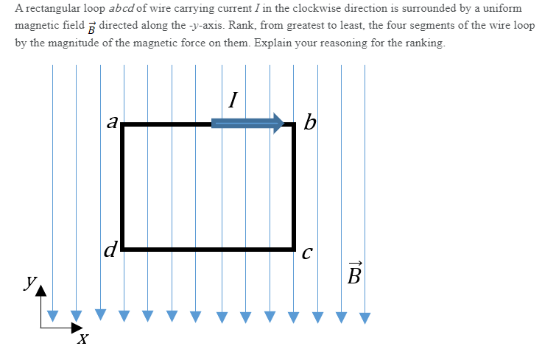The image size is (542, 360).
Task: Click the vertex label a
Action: (112, 121)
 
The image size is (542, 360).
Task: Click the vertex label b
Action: (310, 122)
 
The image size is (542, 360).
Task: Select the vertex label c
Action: (307, 254)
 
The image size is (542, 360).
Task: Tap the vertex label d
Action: (110, 251)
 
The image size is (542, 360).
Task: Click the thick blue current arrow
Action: (247, 123)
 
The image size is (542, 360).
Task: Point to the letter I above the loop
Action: (233, 99)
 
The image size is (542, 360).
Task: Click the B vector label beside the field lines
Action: (354, 274)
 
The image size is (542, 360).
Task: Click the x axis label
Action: (84, 339)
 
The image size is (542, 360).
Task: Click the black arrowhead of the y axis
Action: (41, 292)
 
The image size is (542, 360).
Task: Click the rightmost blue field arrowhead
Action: (365, 318)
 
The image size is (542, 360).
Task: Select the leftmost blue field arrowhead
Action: (52, 317)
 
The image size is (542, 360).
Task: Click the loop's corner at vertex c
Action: (294, 249)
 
